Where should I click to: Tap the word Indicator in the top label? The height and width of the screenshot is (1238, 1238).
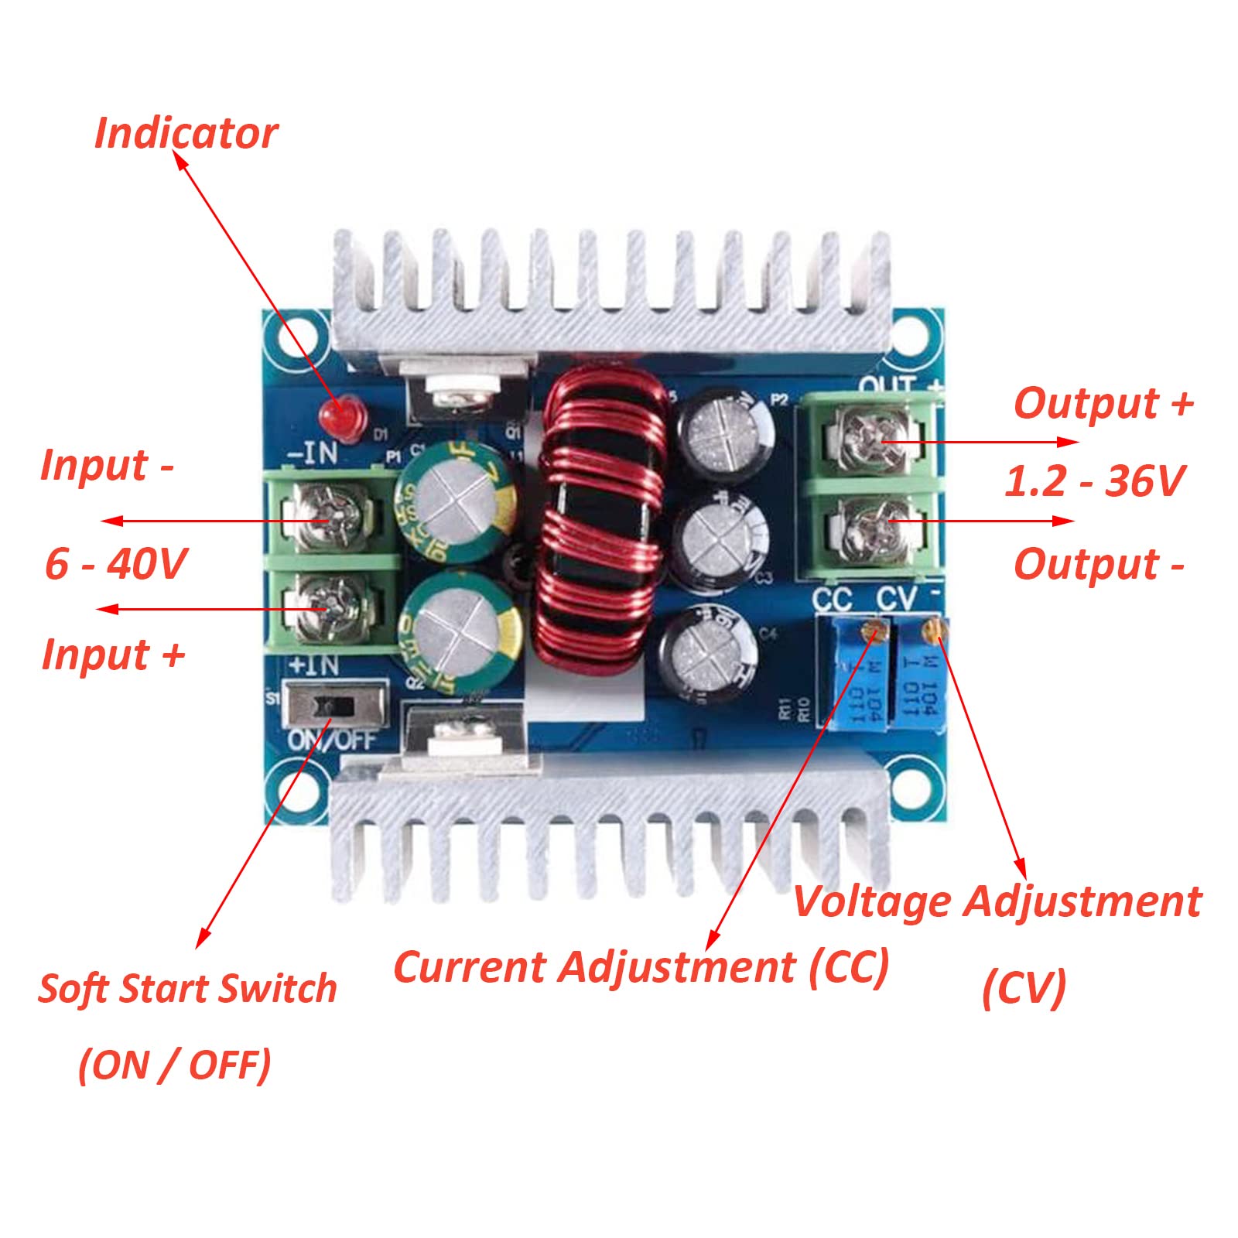point(186,133)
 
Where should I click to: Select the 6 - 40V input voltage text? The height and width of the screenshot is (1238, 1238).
point(116,563)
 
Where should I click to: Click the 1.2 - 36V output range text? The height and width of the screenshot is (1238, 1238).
point(1094,480)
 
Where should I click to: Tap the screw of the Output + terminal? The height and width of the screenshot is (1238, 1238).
point(870,441)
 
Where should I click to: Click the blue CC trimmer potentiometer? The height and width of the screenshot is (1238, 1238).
point(859,681)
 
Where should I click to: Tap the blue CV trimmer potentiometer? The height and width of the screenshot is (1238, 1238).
point(921,677)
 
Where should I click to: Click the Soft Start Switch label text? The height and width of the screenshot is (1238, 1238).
point(187,988)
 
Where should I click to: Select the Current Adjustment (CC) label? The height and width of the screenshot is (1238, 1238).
point(641,966)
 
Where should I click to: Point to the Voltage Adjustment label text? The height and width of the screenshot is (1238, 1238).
point(997,901)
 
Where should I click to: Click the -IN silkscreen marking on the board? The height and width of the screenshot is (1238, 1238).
point(313,453)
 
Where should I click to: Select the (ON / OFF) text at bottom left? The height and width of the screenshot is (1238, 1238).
point(175,1065)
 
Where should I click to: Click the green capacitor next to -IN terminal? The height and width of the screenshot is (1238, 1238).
point(457,501)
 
